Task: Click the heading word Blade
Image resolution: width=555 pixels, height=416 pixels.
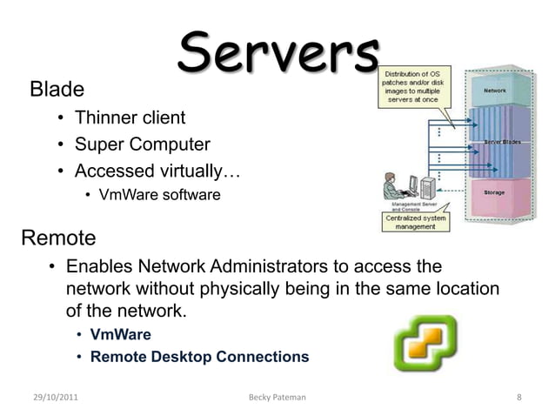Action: [x=57, y=89]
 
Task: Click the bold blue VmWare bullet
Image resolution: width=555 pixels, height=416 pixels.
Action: [x=121, y=334]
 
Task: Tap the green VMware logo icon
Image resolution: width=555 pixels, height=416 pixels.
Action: [x=425, y=344]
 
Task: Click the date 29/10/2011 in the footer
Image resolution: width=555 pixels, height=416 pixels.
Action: [x=57, y=398]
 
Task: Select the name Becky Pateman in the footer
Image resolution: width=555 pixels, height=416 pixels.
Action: [x=277, y=398]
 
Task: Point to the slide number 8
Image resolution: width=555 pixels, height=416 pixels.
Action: [x=519, y=398]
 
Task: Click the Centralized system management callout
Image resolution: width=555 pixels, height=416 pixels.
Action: [x=415, y=222]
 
